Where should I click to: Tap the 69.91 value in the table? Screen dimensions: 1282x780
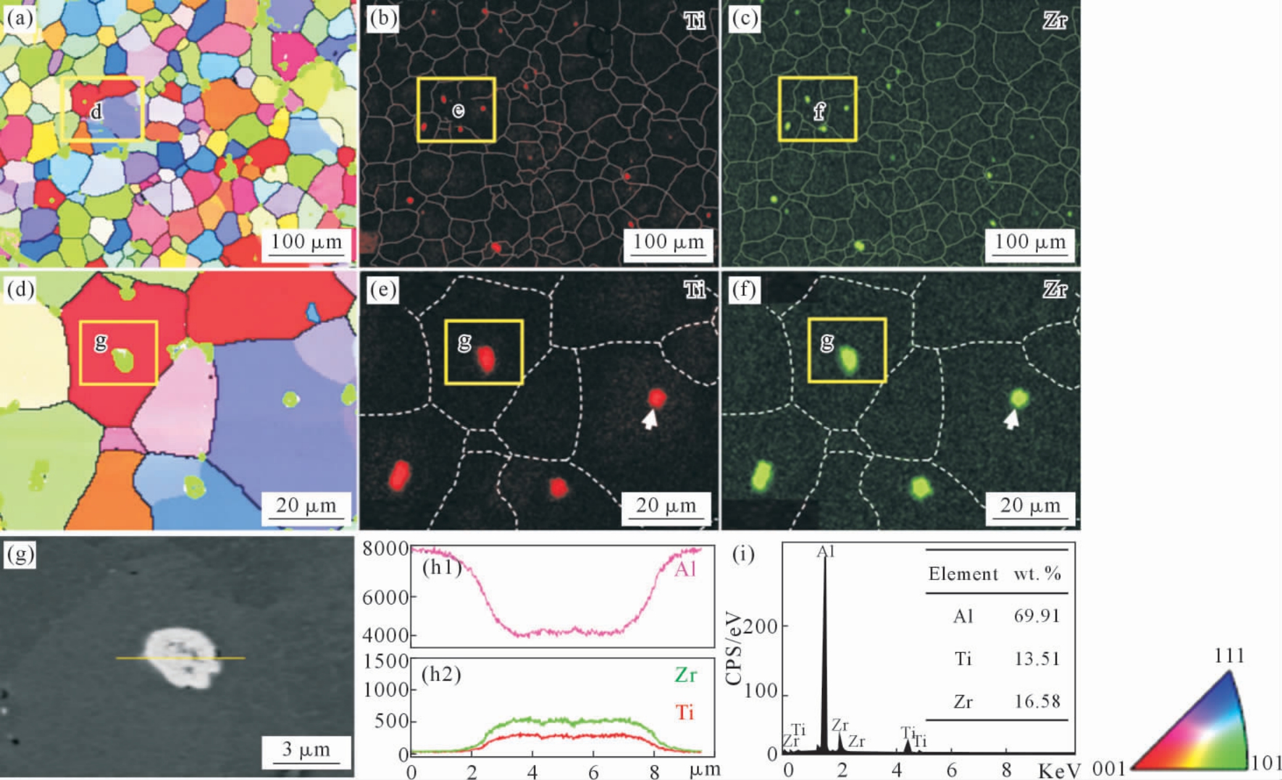(x=1037, y=616)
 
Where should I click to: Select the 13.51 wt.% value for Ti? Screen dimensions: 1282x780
(x=1037, y=659)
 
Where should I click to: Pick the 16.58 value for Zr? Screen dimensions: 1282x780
(x=1037, y=702)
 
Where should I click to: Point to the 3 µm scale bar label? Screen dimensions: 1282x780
(x=306, y=749)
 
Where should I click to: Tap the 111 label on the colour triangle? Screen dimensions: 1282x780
(x=1229, y=656)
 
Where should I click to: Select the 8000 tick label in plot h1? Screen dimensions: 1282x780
(x=385, y=548)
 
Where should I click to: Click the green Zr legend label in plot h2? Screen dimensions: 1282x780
(x=685, y=675)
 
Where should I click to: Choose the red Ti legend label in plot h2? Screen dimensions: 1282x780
(x=685, y=712)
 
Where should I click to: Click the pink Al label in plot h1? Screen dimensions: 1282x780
(x=684, y=569)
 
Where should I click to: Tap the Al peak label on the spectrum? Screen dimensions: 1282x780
(x=825, y=552)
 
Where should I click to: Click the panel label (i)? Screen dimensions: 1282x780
(x=744, y=554)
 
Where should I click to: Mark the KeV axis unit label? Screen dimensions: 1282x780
(x=1060, y=771)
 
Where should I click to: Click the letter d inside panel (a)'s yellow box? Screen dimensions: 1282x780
(x=96, y=112)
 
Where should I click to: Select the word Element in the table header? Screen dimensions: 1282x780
(x=963, y=574)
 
